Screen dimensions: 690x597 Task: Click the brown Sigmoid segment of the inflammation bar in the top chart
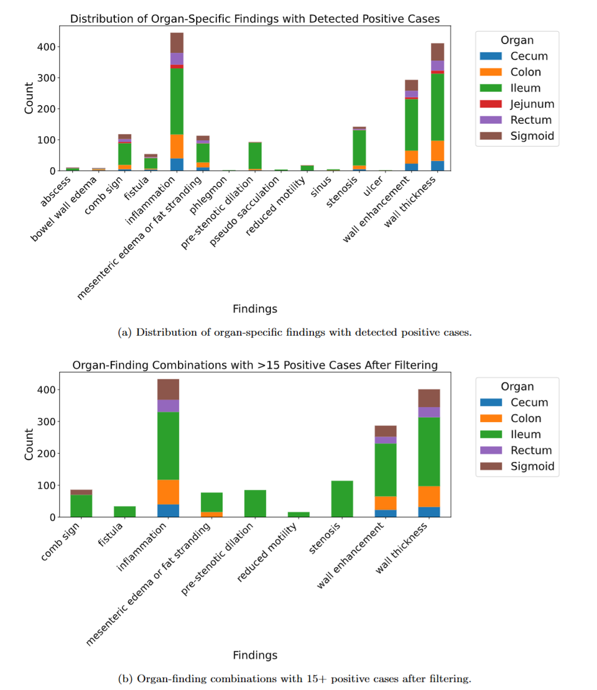point(177,43)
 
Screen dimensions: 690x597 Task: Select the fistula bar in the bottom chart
point(124,512)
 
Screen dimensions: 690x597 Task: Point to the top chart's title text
point(254,19)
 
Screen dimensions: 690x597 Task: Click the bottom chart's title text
point(254,366)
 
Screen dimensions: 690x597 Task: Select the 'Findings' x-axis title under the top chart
point(254,309)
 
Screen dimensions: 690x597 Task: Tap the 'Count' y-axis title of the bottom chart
point(28,444)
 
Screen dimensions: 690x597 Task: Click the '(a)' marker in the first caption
point(124,332)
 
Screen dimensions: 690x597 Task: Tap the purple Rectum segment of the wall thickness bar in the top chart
point(438,65)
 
